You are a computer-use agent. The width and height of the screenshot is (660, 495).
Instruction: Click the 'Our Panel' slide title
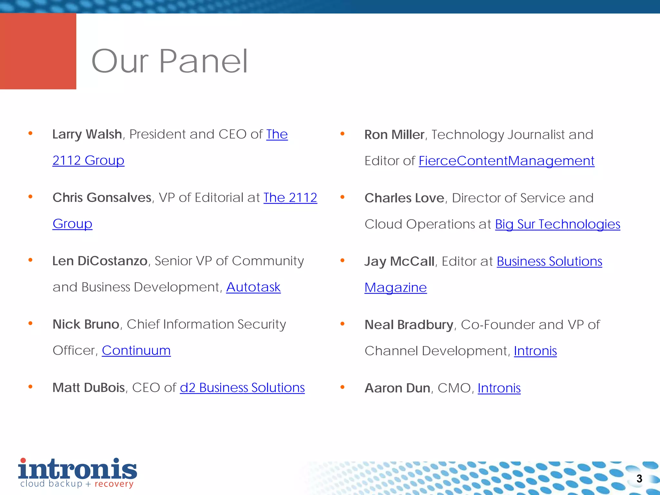pyautogui.click(x=170, y=61)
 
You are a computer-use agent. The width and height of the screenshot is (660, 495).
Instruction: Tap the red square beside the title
pyautogui.click(x=38, y=51)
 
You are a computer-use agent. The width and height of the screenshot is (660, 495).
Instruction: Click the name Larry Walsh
pyautogui.click(x=87, y=134)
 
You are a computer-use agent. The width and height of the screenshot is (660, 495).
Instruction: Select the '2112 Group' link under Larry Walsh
pyautogui.click(x=88, y=160)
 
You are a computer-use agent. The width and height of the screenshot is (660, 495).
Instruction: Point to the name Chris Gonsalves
pyautogui.click(x=102, y=198)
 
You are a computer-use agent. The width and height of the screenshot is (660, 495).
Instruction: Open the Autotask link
pyautogui.click(x=253, y=287)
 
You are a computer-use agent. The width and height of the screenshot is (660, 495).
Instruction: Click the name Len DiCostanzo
pyautogui.click(x=100, y=261)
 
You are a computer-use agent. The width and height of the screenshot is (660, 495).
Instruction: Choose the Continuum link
pyautogui.click(x=136, y=351)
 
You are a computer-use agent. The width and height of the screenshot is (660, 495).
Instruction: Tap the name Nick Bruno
pyautogui.click(x=86, y=324)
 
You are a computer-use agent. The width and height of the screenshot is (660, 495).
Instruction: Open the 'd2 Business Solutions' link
pyautogui.click(x=242, y=388)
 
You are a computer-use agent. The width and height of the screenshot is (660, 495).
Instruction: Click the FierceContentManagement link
pyautogui.click(x=506, y=161)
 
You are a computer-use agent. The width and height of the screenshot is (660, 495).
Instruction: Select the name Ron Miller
pyautogui.click(x=394, y=135)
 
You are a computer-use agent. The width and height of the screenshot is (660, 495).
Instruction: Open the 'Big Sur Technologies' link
pyautogui.click(x=558, y=224)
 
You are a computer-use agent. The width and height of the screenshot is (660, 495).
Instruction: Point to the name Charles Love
pyautogui.click(x=404, y=198)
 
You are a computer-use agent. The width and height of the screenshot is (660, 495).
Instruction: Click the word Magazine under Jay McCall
pyautogui.click(x=395, y=287)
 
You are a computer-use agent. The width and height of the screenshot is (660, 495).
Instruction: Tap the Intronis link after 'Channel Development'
pyautogui.click(x=535, y=351)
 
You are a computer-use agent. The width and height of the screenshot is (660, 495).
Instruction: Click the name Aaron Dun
pyautogui.click(x=397, y=388)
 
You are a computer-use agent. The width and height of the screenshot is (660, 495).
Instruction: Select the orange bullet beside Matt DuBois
pyautogui.click(x=30, y=387)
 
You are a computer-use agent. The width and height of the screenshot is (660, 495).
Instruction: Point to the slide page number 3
pyautogui.click(x=639, y=479)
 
